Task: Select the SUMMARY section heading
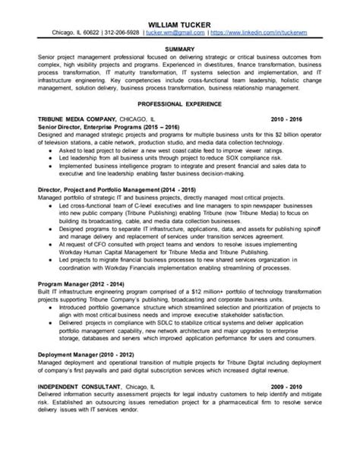point(179,48)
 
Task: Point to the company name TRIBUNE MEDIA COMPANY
point(76,119)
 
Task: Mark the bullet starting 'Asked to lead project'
point(49,150)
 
